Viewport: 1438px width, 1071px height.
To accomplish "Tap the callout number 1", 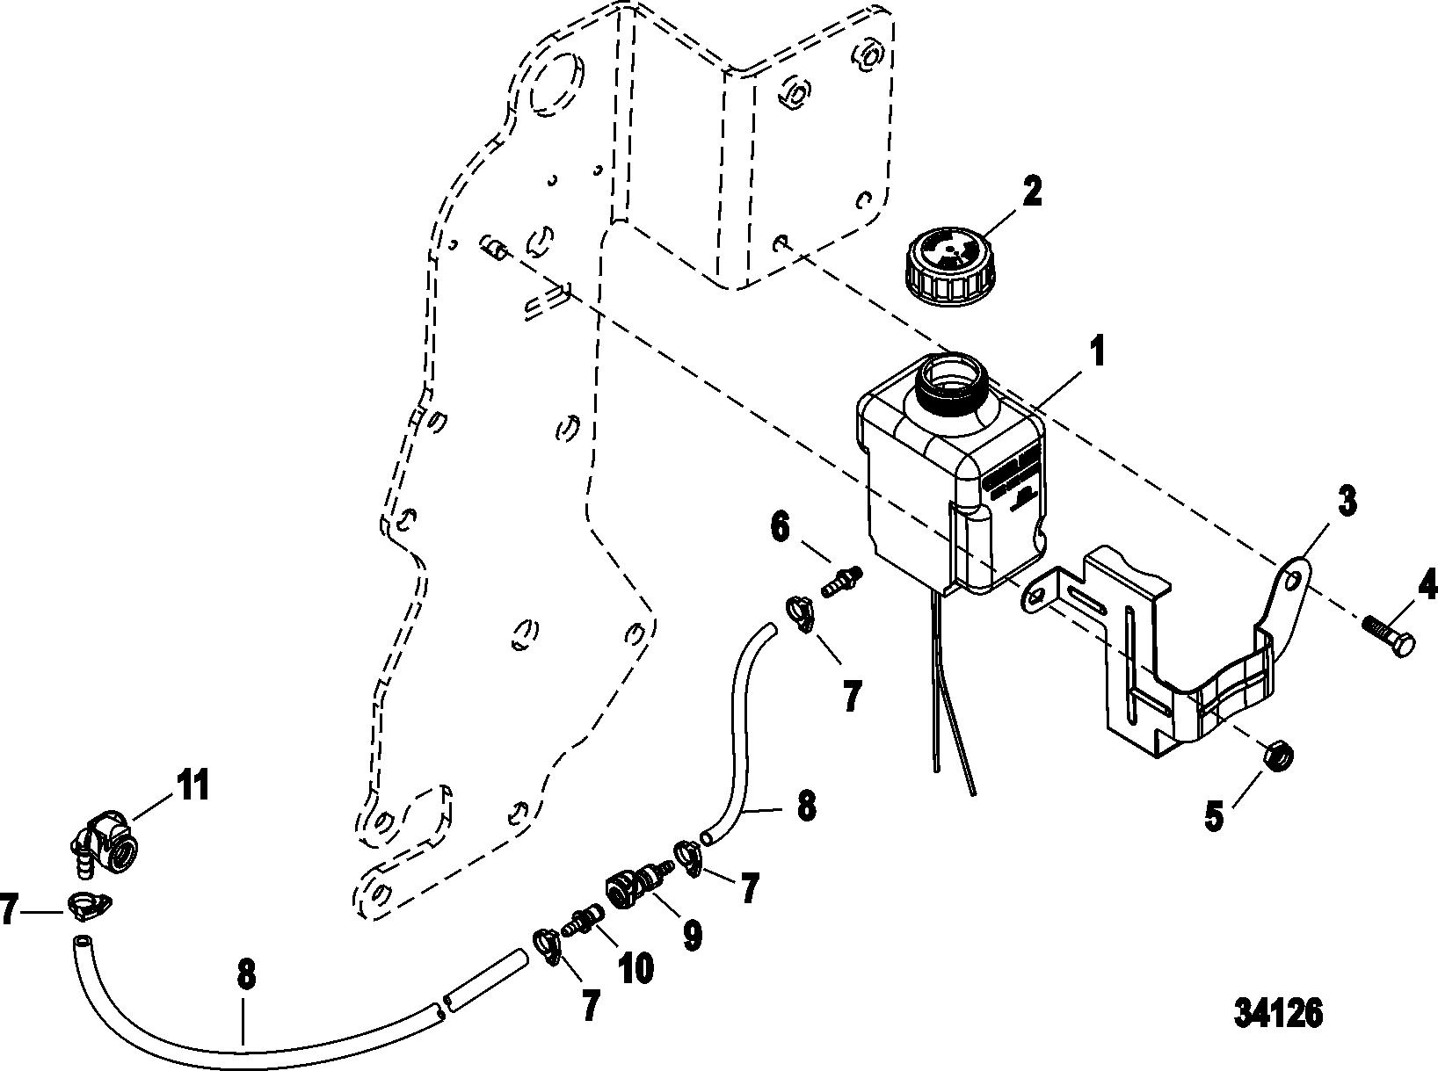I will point(1096,353).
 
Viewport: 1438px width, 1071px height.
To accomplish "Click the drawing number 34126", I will point(1278,1013).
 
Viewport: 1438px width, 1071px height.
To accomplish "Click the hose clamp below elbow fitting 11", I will point(88,905).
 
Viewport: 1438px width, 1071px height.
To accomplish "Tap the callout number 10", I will point(635,967).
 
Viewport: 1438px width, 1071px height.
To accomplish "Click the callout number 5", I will point(1213,816).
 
